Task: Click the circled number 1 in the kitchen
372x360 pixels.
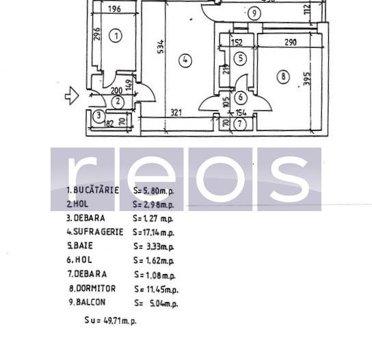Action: click(x=116, y=36)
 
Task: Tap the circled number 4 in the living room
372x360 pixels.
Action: click(x=185, y=60)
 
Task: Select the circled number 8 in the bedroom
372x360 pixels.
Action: click(x=284, y=77)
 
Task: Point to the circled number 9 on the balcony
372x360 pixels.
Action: click(x=254, y=12)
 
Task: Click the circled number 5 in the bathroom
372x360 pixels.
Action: click(x=240, y=59)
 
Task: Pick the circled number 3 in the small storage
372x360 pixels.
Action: click(x=99, y=116)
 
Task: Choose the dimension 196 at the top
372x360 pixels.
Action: click(x=114, y=9)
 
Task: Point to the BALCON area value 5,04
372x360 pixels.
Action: click(x=158, y=303)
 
